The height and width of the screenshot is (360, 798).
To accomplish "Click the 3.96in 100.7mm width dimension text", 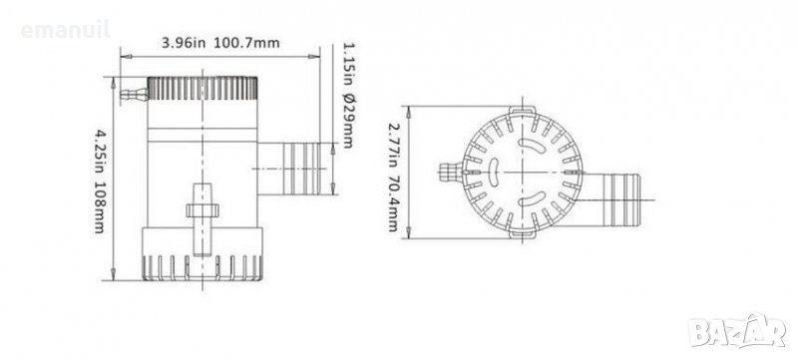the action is [220, 43].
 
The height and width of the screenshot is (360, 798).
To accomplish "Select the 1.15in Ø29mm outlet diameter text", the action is [347, 95].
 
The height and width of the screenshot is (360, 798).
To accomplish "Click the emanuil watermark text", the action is [65, 30].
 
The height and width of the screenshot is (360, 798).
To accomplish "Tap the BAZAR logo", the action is [737, 331].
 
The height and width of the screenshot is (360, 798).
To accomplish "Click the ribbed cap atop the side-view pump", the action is [202, 89].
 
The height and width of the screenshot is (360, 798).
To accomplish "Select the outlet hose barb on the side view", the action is [289, 169].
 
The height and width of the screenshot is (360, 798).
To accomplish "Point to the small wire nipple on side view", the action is [134, 94].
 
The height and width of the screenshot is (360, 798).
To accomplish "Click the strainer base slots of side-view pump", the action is [202, 267].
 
